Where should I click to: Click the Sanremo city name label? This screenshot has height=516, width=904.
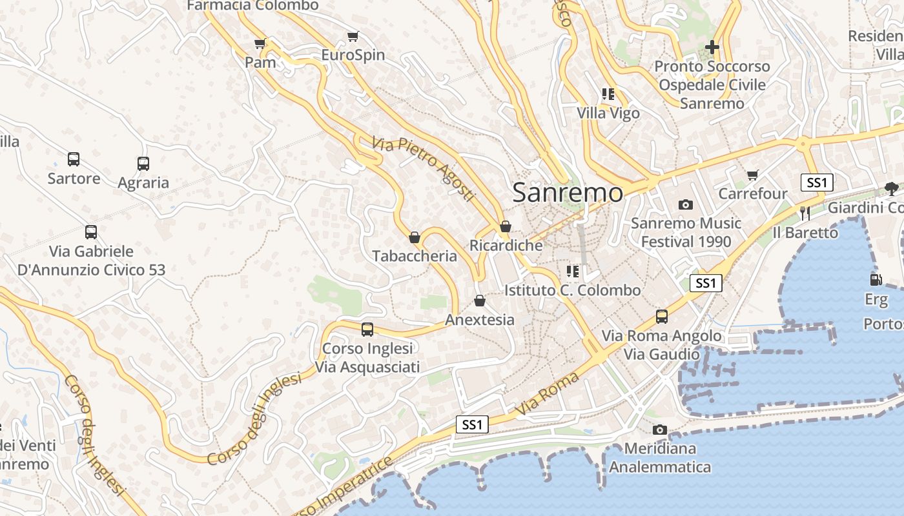[x=568, y=193]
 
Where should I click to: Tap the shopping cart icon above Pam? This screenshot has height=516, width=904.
[x=260, y=44]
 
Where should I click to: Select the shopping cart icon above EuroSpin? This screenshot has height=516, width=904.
[x=353, y=37]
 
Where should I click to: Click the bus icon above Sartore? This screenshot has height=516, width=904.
[x=74, y=159]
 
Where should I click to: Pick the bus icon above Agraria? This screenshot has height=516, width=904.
[x=143, y=164]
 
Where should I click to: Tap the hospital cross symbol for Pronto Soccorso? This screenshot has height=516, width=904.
[x=712, y=47]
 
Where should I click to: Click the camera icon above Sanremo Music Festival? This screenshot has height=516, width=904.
[x=686, y=205]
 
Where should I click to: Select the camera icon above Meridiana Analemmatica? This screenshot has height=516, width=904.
[x=659, y=430]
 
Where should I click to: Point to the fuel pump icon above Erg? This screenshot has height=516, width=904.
[x=876, y=280]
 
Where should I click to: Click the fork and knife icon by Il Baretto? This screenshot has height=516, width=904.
[x=805, y=213]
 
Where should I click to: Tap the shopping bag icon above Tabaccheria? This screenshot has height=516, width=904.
[x=415, y=237]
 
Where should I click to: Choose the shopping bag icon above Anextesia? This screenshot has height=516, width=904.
[x=479, y=301]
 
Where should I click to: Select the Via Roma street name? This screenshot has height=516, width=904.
[x=538, y=393]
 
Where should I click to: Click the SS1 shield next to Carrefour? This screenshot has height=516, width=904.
[x=817, y=183]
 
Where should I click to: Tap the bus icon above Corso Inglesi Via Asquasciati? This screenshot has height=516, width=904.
[x=367, y=330]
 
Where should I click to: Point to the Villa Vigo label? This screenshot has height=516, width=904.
[x=608, y=114]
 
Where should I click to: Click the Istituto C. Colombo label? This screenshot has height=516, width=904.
[x=573, y=290]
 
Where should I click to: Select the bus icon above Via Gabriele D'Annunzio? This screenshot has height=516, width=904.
[x=91, y=232]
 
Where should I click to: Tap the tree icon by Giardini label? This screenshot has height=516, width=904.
[x=892, y=189]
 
